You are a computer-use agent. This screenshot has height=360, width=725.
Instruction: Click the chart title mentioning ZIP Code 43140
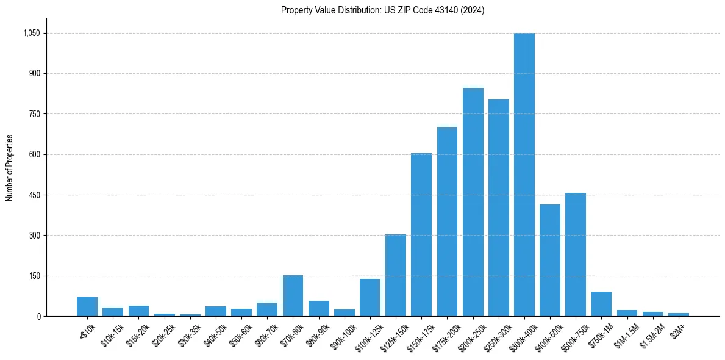(382, 10)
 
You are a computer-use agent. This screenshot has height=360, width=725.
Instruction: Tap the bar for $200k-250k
(473, 202)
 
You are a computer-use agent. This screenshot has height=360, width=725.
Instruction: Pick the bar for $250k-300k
(498, 207)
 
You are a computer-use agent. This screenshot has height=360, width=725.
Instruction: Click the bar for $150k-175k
(421, 235)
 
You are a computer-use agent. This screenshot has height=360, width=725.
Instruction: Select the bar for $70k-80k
(293, 296)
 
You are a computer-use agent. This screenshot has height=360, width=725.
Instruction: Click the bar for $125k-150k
(396, 275)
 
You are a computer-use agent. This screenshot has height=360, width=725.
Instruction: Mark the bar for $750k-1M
(601, 304)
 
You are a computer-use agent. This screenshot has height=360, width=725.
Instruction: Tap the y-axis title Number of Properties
(10, 168)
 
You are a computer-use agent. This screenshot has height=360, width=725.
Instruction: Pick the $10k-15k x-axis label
(112, 333)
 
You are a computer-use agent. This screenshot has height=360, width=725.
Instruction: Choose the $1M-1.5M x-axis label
(626, 333)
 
